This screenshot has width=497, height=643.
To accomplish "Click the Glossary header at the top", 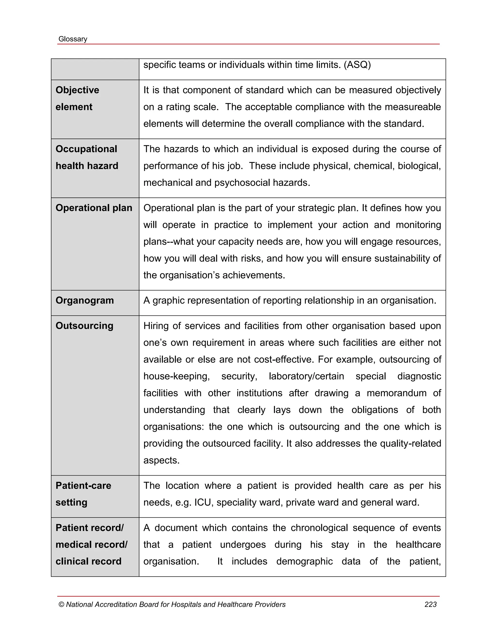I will click(x=73, y=39).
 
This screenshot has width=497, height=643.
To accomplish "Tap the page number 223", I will click(x=430, y=604).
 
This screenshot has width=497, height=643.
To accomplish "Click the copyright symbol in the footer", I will click(x=61, y=605).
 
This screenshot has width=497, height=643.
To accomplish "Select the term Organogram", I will click(x=84, y=301).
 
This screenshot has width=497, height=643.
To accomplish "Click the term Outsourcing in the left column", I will click(x=84, y=326).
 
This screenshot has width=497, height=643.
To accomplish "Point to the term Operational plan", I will click(x=94, y=208).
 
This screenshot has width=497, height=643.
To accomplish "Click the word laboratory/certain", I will click(x=306, y=376).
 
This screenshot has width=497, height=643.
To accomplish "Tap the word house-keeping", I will click(x=176, y=376).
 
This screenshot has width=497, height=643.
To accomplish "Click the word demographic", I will click(x=305, y=561).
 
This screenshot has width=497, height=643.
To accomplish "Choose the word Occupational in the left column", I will click(x=86, y=149).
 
